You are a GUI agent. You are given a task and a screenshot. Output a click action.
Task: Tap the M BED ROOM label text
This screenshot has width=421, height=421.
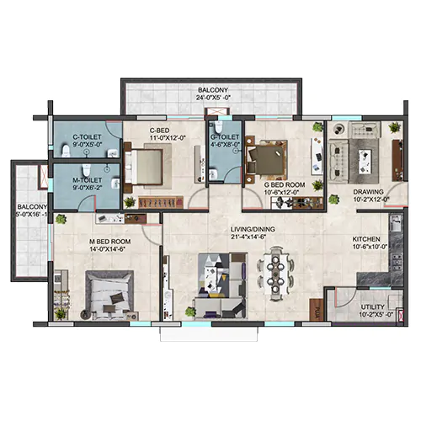[109, 242]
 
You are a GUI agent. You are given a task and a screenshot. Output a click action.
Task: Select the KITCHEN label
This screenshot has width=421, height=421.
[366, 239]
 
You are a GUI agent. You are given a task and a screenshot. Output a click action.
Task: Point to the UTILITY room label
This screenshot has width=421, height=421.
[372, 307]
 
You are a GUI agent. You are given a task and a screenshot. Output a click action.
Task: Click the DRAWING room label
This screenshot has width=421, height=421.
[368, 192]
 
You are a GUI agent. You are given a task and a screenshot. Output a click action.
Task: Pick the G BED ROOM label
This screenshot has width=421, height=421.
[285, 185]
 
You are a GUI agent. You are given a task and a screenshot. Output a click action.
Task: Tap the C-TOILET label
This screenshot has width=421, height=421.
[87, 137]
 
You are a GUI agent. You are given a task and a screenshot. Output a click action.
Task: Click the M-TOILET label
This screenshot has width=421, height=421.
[87, 180]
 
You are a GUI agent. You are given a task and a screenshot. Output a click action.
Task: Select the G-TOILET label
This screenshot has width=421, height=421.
[225, 137]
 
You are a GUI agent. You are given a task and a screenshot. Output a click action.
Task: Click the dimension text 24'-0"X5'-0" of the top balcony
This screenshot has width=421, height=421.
[213, 98]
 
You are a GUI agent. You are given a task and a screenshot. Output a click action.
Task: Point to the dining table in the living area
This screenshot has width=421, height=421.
[276, 274]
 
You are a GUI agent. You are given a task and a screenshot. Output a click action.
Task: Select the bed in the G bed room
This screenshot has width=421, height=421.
[267, 159]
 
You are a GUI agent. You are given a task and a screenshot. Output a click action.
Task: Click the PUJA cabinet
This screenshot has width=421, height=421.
[317, 310]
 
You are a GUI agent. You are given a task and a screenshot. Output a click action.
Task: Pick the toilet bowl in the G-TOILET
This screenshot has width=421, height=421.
[218, 126]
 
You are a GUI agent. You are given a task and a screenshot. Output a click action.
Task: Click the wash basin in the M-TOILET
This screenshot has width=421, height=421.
[115, 183]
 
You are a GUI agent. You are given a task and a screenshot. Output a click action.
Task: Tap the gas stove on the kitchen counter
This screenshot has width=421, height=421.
[397, 262]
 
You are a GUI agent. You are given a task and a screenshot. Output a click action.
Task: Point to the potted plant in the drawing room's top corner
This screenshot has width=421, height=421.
[395, 127]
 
